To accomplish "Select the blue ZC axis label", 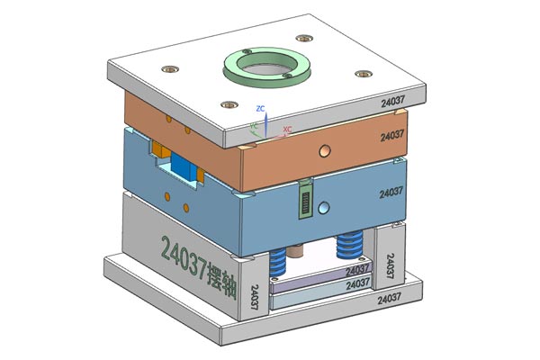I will pyautogui.click(x=260, y=108).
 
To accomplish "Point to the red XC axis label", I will pyautogui.click(x=287, y=130).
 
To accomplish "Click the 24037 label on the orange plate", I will pyautogui.click(x=392, y=136).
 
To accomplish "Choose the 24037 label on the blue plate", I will pyautogui.click(x=391, y=192).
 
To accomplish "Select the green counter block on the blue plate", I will pyautogui.click(x=306, y=200).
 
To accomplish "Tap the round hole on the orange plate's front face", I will pyautogui.click(x=326, y=148).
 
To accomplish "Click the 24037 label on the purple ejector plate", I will pyautogui.click(x=356, y=269).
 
